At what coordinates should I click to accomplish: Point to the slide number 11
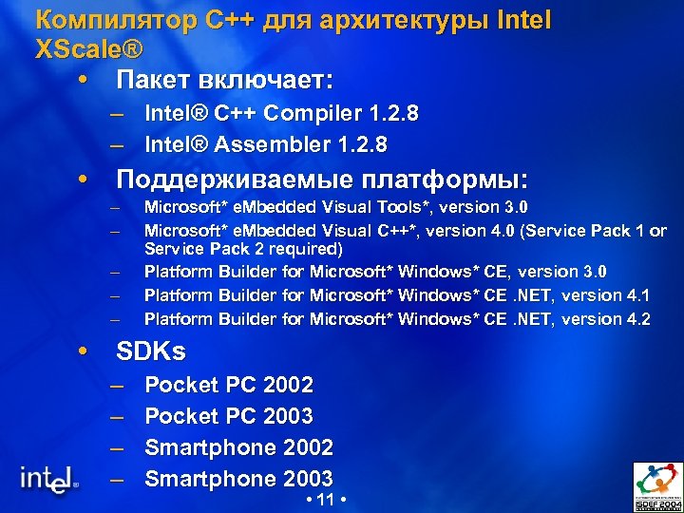(x=323, y=500)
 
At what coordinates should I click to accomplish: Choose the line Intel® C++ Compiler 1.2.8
(x=281, y=115)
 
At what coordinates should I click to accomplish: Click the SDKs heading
(x=150, y=351)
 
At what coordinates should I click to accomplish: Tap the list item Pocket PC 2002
(x=228, y=386)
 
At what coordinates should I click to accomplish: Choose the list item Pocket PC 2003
(x=228, y=416)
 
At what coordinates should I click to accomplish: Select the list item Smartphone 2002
(x=238, y=447)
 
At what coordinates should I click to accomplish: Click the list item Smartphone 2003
(x=238, y=479)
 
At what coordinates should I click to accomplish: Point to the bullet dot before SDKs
(x=84, y=352)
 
